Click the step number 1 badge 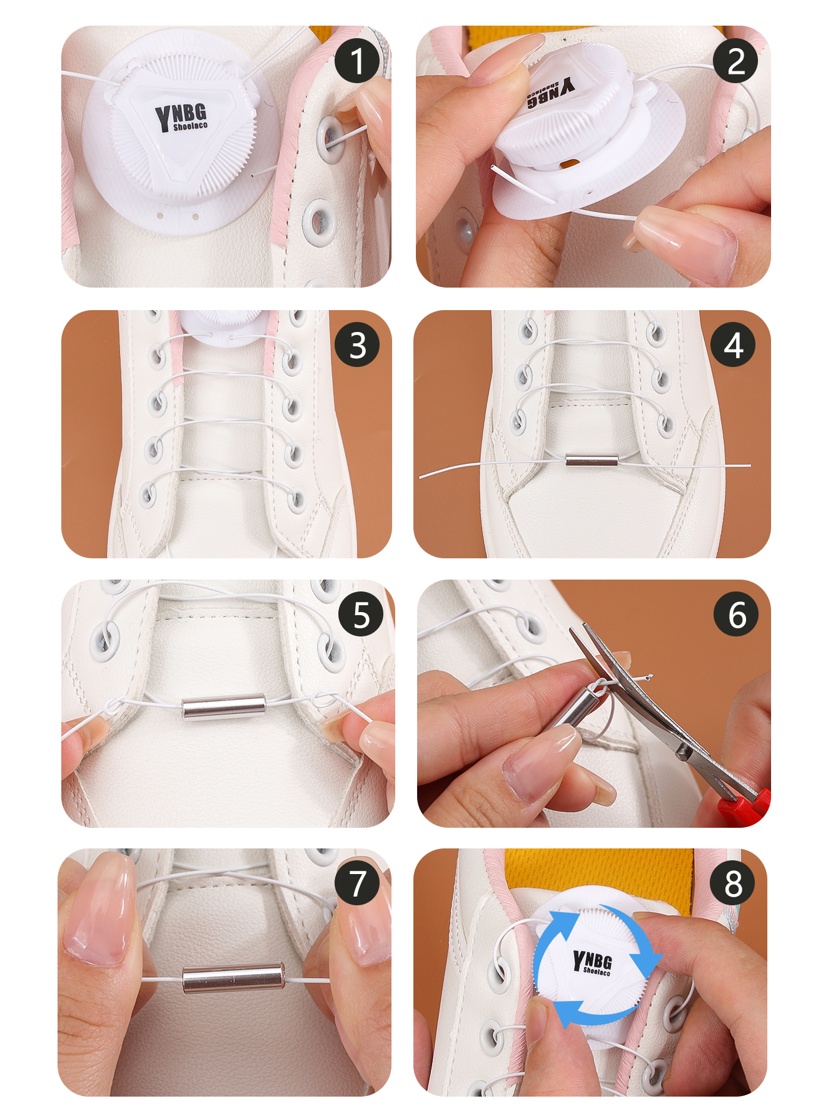[x=357, y=61]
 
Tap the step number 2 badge [x=735, y=61]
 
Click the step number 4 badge [x=733, y=344]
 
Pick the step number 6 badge [x=736, y=615]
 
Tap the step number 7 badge [x=357, y=883]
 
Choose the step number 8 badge [x=733, y=883]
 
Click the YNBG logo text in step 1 [x=181, y=117]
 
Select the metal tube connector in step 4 [x=592, y=461]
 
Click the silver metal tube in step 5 [x=223, y=707]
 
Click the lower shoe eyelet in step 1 [x=319, y=222]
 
